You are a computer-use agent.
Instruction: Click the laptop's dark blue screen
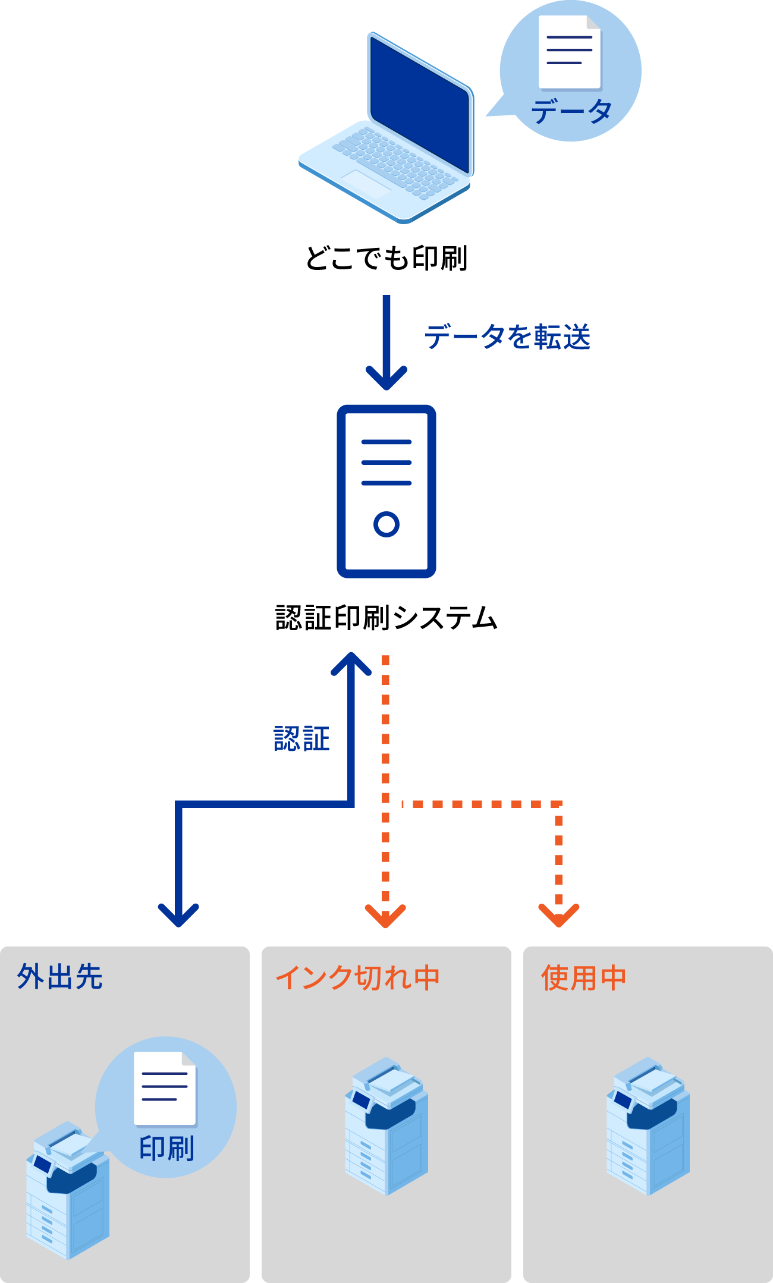[419, 104]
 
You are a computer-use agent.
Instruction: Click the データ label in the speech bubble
[571, 112]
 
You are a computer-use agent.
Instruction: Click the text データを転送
[507, 337]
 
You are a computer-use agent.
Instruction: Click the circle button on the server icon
[386, 524]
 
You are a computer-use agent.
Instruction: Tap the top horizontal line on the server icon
[386, 442]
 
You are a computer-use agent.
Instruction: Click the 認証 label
[301, 739]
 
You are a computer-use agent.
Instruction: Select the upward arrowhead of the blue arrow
[351, 663]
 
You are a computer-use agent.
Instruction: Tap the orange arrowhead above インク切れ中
[385, 916]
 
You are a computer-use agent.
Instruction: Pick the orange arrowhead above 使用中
[559, 916]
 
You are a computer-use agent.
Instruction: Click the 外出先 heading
[60, 977]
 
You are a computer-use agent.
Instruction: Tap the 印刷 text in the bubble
[166, 1148]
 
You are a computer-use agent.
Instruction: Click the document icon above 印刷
[165, 1088]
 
